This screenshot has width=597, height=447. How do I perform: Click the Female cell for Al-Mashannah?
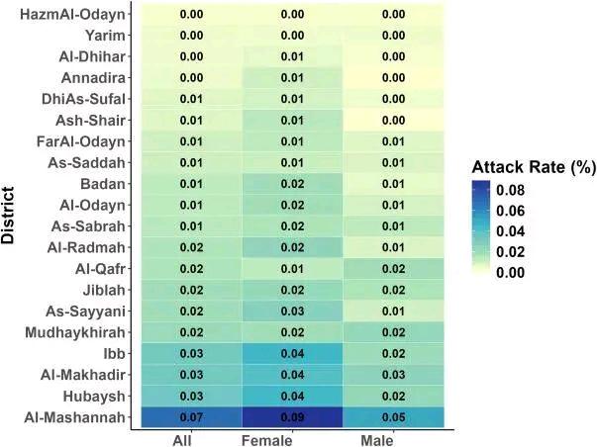pos(292,418)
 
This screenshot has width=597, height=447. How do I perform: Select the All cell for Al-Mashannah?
pos(191,418)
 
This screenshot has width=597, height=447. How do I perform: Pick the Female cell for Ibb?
pos(292,354)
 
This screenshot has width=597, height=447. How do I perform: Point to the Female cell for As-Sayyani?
pos(292,312)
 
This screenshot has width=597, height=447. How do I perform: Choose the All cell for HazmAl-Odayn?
pos(191,14)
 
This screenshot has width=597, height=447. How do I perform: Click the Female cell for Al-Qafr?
pos(292,269)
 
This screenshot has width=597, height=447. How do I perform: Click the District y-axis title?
pos(11,216)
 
